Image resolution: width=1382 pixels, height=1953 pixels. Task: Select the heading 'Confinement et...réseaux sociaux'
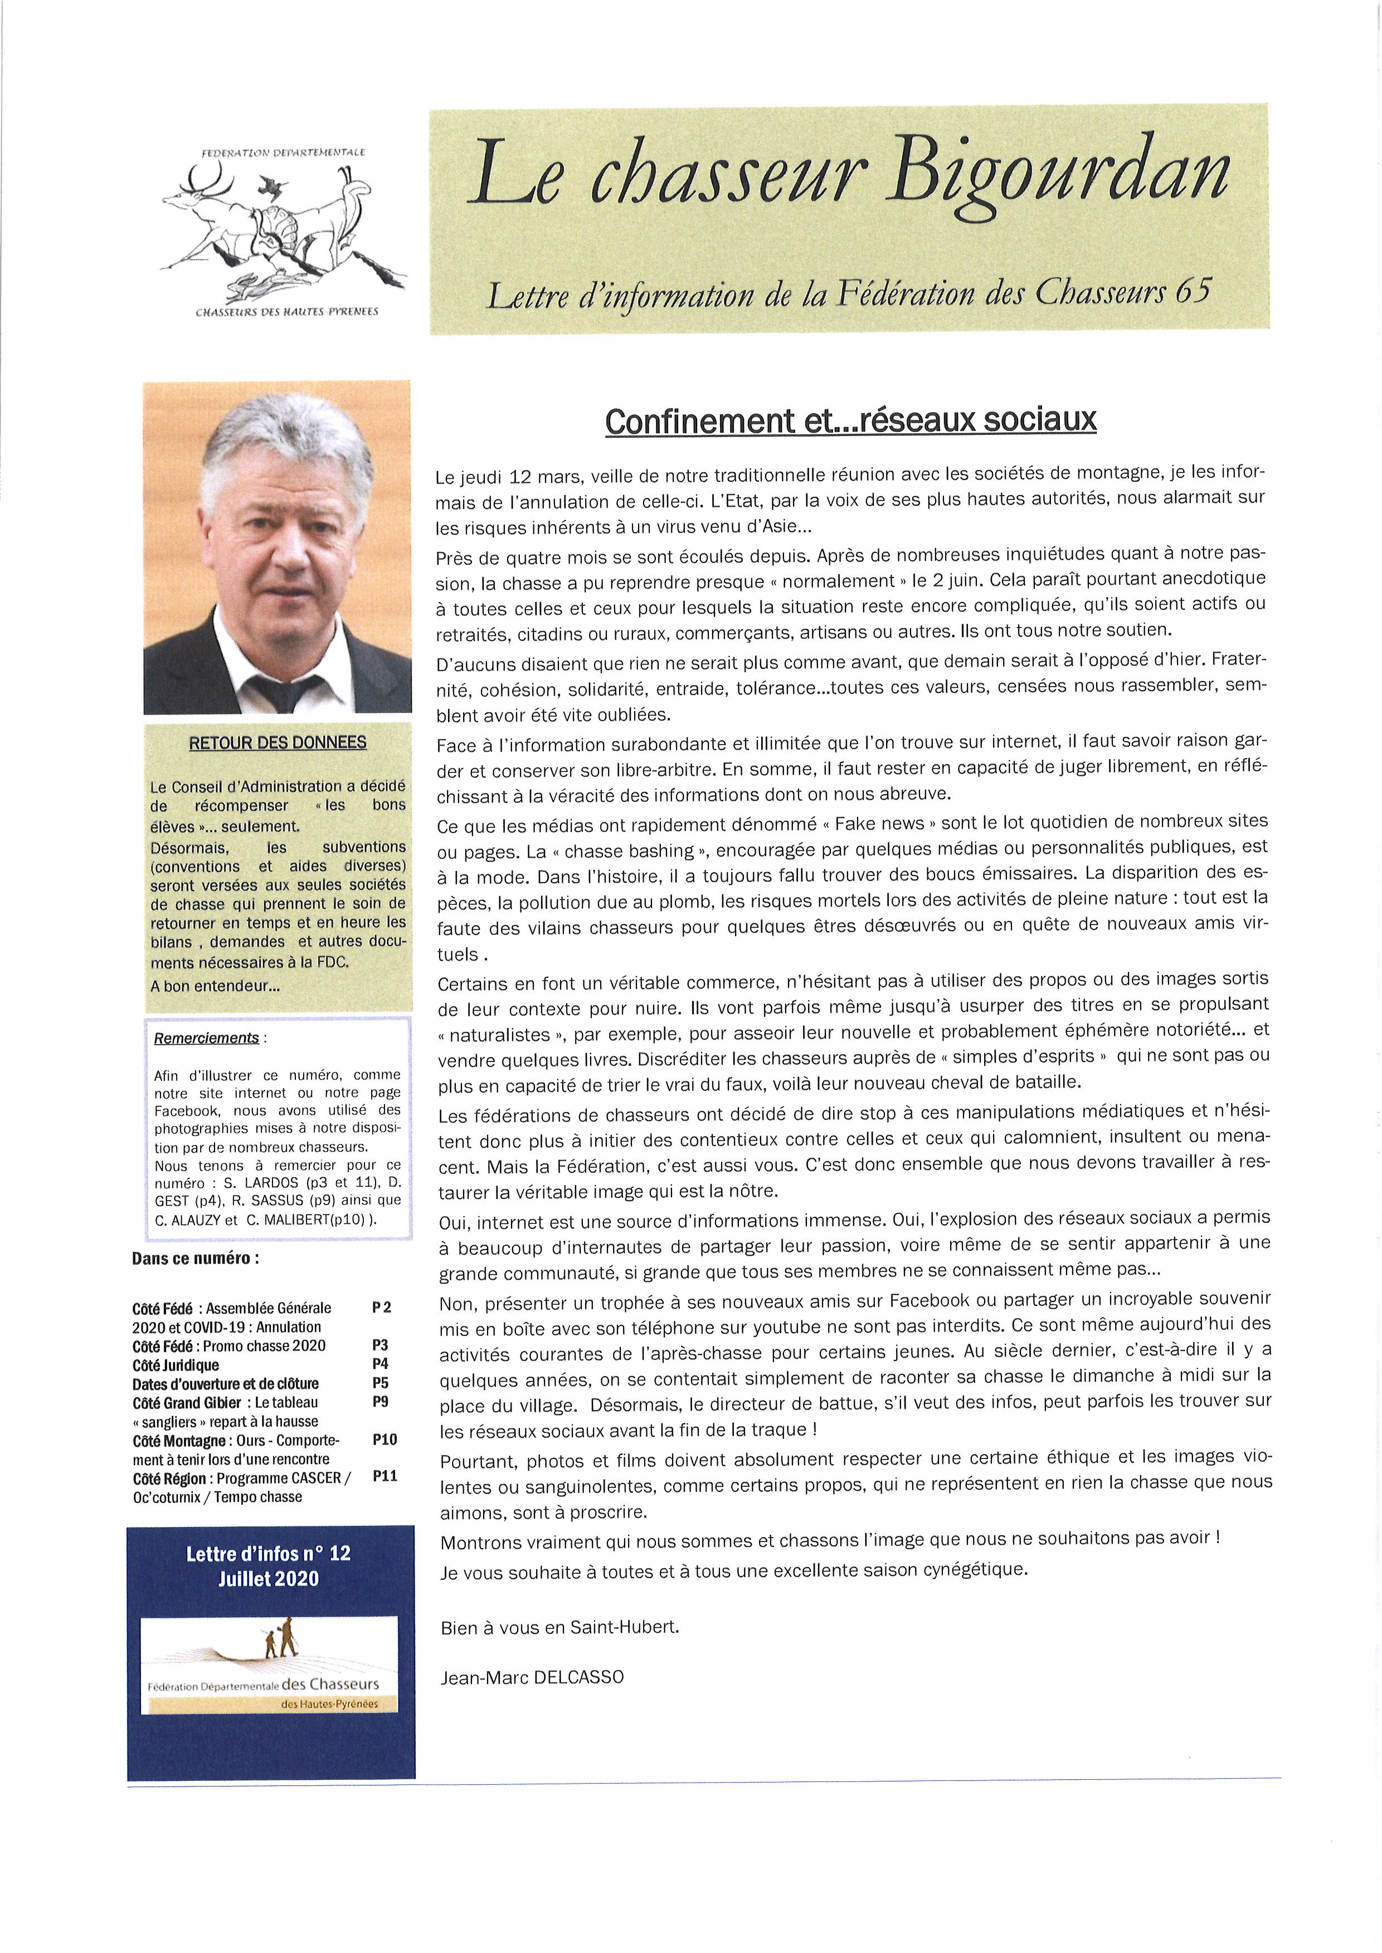click(x=850, y=421)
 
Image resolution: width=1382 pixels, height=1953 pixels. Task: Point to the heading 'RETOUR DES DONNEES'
click(x=278, y=742)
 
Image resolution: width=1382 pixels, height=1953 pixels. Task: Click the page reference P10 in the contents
click(x=385, y=1439)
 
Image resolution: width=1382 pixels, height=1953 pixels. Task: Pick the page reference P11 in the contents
click(x=385, y=1476)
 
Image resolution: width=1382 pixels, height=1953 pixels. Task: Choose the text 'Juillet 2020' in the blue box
click(x=268, y=1579)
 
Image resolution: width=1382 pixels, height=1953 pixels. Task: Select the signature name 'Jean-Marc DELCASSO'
click(x=532, y=1677)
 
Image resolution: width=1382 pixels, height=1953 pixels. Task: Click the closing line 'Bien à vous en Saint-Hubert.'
click(x=559, y=1628)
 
